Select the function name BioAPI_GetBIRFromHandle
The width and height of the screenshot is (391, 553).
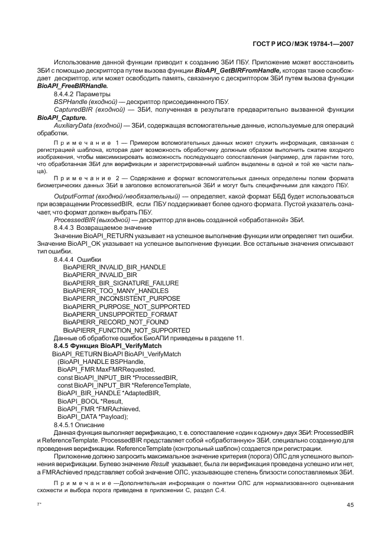(x=230, y=70)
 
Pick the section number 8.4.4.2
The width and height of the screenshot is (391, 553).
(x=63, y=94)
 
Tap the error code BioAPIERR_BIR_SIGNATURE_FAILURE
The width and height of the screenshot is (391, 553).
(x=112, y=283)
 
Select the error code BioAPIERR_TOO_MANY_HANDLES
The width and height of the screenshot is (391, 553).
(x=107, y=291)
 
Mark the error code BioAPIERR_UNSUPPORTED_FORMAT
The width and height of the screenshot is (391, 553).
(x=112, y=314)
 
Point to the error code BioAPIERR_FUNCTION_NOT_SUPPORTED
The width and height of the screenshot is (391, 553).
(x=118, y=330)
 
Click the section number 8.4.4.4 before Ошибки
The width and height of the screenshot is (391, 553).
(x=63, y=259)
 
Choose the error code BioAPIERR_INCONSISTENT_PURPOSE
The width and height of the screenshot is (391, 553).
(x=113, y=298)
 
